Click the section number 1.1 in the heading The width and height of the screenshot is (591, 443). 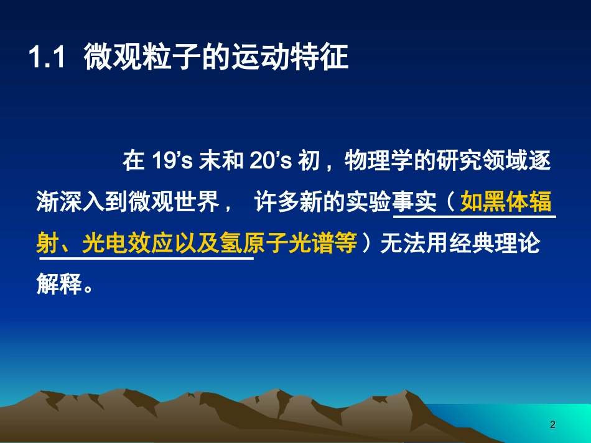tap(47, 60)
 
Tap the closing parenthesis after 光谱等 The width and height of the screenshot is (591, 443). tap(368, 245)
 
